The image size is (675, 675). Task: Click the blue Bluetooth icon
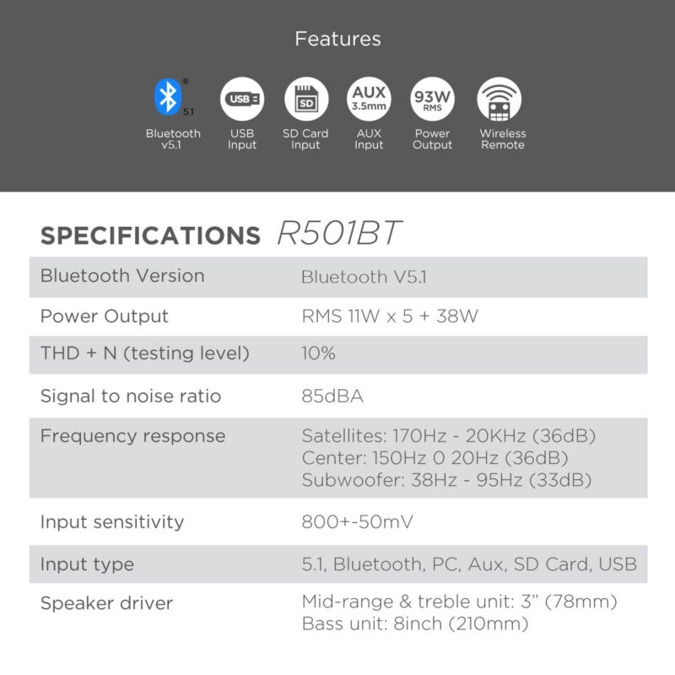coord(168,97)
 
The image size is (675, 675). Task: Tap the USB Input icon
coord(242,99)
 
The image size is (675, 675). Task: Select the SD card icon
coord(306,99)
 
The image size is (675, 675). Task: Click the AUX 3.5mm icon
coord(369,99)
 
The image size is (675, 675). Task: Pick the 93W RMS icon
coord(432,99)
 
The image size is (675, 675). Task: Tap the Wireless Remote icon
coord(499,99)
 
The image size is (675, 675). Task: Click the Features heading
coord(338,39)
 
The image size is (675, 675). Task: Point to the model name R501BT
coord(340,233)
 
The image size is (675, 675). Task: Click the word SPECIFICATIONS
coord(151,235)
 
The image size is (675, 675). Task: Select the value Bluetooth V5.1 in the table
coord(364,277)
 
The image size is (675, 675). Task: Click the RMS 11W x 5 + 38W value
coord(390,316)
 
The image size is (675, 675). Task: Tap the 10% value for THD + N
coord(318,353)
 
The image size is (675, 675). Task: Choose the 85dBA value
coord(332,396)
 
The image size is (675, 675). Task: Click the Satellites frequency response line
coord(449,435)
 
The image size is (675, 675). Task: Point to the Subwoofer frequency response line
coord(447,479)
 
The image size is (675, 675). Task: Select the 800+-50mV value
coord(357,521)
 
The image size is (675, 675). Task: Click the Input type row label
coord(88,564)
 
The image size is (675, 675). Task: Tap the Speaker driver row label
coord(107,603)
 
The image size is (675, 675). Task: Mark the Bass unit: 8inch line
coord(415,624)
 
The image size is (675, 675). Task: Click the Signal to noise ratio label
coord(131,396)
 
